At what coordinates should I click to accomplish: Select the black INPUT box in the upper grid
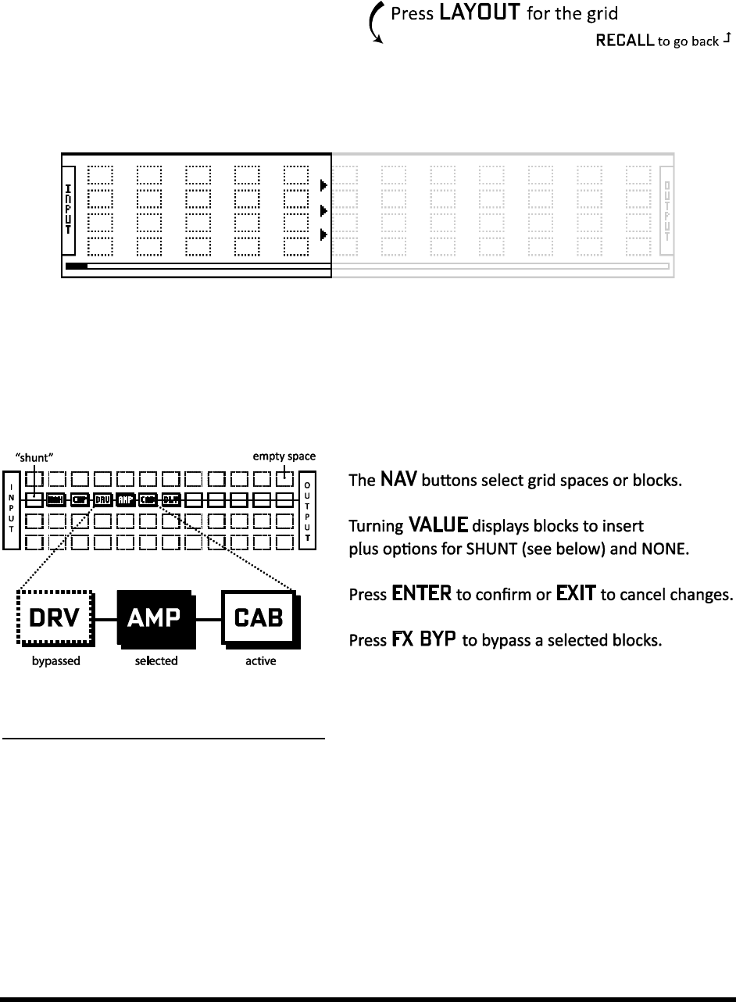68,210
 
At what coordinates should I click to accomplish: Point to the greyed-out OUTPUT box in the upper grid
666,211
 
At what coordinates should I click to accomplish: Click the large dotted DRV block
54,618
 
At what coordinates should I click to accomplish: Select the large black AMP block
155,618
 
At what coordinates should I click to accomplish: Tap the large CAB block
261,618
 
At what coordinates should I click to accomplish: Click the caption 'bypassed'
54,661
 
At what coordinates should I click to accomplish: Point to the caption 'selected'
155,661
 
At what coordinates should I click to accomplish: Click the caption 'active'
261,661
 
